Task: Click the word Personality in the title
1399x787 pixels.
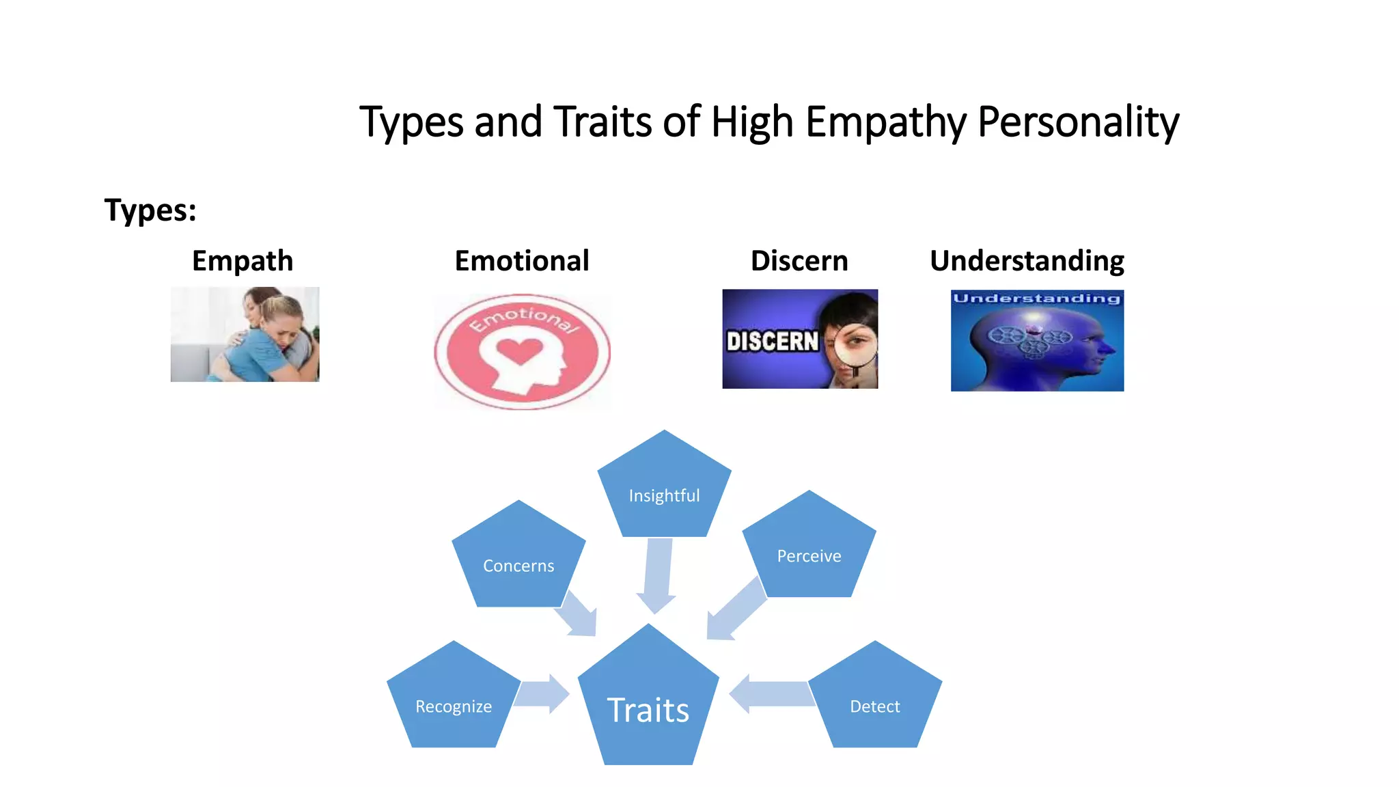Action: point(1078,122)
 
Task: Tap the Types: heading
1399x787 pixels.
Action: point(150,210)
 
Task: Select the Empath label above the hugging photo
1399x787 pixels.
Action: point(243,261)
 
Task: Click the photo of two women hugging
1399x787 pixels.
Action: point(245,334)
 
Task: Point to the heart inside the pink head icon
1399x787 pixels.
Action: point(519,351)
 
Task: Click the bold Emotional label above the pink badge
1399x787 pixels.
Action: point(522,261)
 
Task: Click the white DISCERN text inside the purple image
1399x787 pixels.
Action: point(772,341)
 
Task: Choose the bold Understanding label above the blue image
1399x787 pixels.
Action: point(1027,261)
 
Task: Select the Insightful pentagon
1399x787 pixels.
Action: point(664,489)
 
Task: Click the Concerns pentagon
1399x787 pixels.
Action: point(518,560)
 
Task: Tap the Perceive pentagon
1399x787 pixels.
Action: point(809,551)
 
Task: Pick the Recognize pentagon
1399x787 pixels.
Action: point(454,701)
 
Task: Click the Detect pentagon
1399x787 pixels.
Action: point(875,701)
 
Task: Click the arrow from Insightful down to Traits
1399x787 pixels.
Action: point(658,574)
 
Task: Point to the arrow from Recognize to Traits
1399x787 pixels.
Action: point(542,694)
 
